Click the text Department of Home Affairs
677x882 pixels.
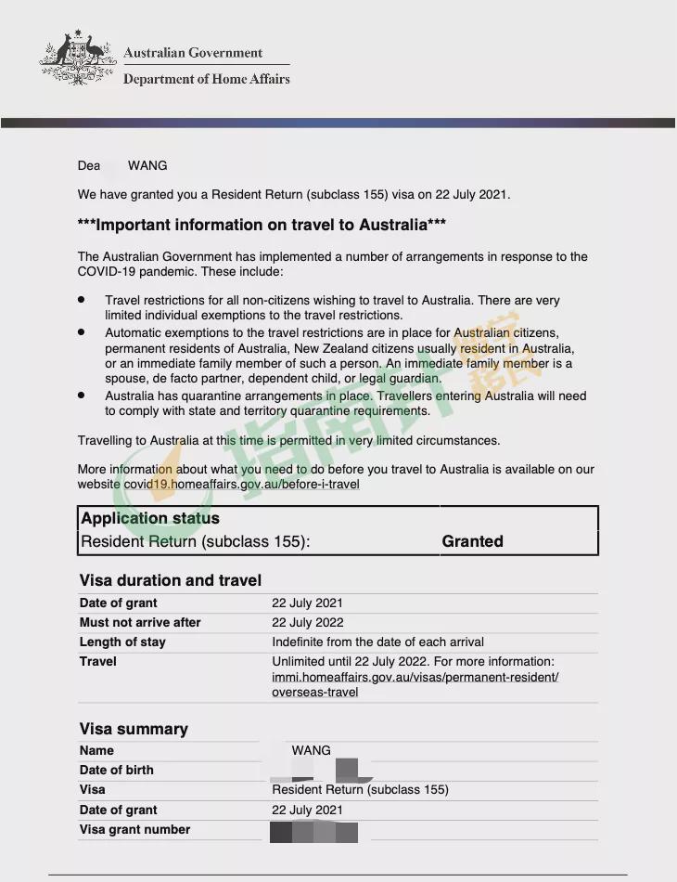click(206, 79)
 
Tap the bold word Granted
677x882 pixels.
click(472, 541)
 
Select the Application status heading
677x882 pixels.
click(150, 518)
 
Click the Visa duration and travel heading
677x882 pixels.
click(171, 580)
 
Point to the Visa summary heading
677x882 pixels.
click(134, 729)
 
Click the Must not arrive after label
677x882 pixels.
click(140, 622)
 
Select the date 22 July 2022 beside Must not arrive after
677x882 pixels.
click(308, 622)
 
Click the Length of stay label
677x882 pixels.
click(122, 642)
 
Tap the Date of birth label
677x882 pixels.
click(117, 770)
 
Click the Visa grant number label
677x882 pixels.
click(134, 829)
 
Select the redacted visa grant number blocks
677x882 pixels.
click(313, 832)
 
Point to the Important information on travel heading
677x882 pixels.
click(262, 225)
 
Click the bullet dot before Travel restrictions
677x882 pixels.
click(82, 300)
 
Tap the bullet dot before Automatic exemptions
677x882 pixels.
click(82, 331)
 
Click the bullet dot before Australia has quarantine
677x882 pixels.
click(82, 395)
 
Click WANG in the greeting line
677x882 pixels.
click(147, 165)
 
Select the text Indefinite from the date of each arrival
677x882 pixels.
click(377, 642)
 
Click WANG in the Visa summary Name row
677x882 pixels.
click(311, 750)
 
